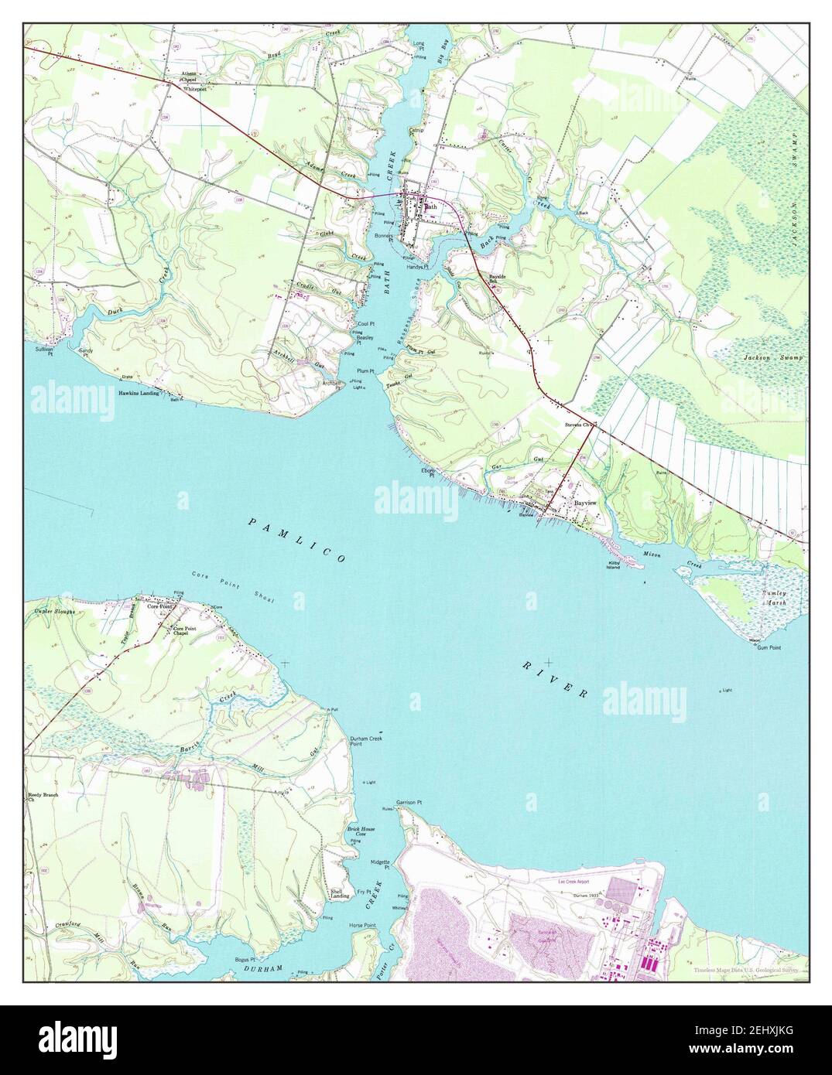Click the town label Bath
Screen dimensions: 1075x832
pos(431,206)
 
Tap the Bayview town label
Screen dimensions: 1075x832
pos(585,503)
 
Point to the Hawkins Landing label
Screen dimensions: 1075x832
pos(139,393)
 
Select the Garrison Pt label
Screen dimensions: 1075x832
pos(409,803)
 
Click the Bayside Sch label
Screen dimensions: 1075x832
pos(496,278)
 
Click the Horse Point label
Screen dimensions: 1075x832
pos(362,925)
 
